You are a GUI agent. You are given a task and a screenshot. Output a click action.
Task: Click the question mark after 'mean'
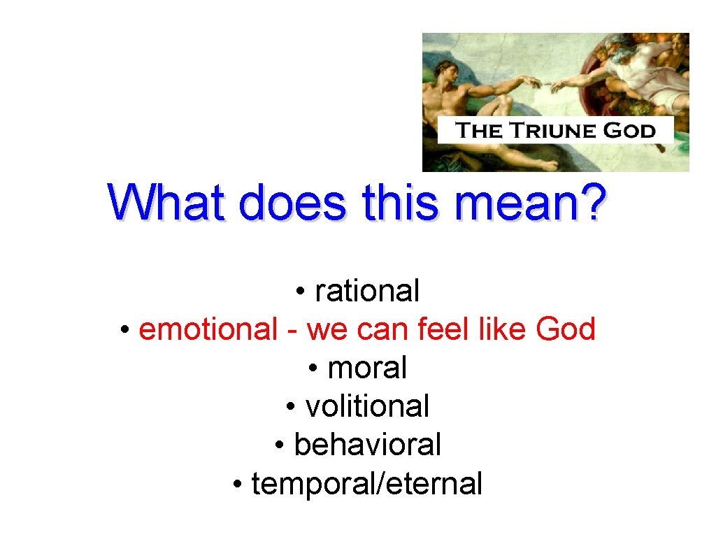592,203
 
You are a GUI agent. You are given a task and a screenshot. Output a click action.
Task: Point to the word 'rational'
367,291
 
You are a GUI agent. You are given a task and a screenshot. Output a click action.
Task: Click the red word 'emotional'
208,329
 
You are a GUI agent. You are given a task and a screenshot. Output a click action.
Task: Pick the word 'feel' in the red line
445,329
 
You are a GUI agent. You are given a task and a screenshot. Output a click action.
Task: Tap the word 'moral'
367,367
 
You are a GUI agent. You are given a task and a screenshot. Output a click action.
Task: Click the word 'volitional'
367,406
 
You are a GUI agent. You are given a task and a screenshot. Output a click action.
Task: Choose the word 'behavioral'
367,444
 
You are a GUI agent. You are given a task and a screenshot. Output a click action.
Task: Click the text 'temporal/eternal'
367,483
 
